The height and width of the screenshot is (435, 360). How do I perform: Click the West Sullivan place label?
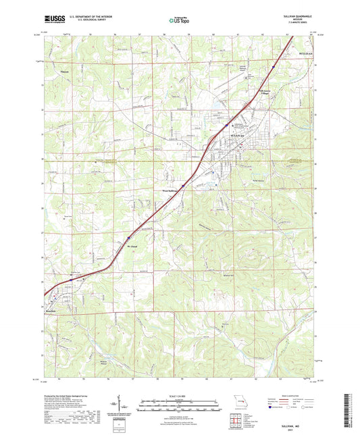[173, 191]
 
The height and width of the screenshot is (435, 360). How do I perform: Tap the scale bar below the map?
[179, 403]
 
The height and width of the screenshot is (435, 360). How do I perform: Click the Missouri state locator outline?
[238, 401]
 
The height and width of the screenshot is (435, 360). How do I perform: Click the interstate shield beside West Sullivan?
[182, 186]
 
